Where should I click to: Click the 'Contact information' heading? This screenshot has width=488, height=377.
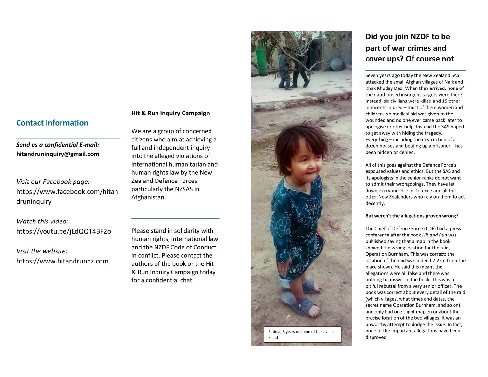point(52,123)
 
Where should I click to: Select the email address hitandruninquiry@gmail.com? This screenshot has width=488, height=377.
point(58,154)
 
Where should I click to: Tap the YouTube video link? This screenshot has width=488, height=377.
point(63,231)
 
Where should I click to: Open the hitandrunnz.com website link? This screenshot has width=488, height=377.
point(62,261)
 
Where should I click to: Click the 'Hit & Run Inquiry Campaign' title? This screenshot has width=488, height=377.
point(170,113)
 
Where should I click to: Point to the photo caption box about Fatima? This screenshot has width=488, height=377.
point(302,334)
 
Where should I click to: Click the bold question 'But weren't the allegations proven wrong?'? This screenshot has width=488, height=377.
point(412,216)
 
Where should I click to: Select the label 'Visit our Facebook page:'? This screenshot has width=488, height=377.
point(53,182)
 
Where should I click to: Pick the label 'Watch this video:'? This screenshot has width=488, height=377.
point(42,221)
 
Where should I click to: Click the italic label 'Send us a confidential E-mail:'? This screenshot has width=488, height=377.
point(58,145)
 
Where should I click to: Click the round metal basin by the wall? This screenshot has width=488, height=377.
point(337,64)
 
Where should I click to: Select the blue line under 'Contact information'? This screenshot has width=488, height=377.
point(68,139)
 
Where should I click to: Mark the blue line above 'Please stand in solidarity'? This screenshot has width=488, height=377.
point(175,218)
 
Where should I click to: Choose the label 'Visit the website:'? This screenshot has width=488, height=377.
point(42,251)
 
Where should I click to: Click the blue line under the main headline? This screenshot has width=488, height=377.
point(415,70)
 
